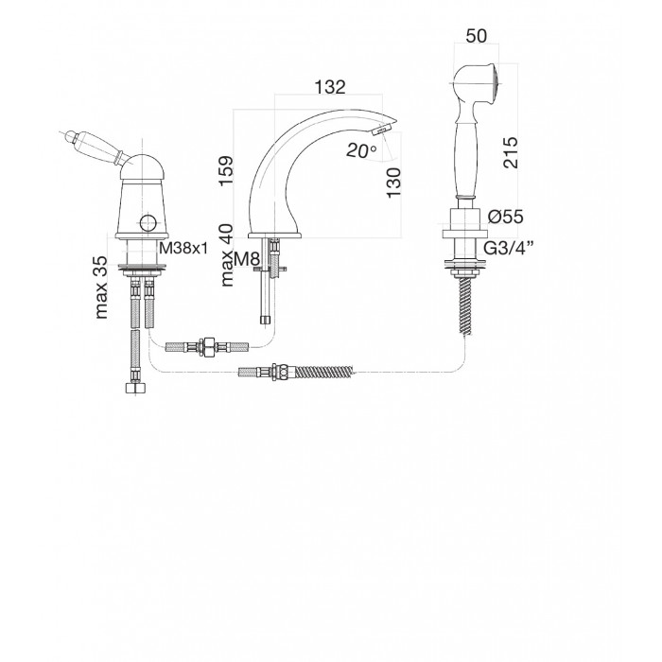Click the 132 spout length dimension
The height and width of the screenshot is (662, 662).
point(330,87)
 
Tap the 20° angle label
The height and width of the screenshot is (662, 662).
point(361,149)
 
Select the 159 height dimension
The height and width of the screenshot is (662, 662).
point(226,170)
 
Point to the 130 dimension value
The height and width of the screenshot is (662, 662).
point(393,182)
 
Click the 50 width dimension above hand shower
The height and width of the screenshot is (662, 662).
point(477,36)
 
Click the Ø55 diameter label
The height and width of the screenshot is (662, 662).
point(505,217)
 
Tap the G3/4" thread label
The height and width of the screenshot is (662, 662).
point(509,248)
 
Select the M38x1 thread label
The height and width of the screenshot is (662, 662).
point(183,248)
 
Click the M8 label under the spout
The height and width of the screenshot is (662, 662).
point(247,259)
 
